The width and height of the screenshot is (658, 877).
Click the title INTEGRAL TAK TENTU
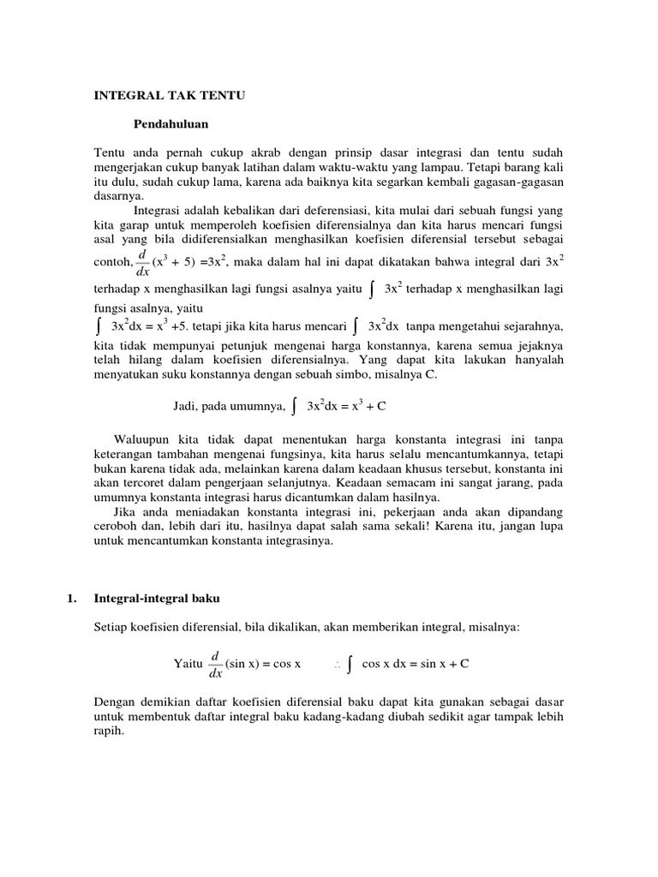(169, 96)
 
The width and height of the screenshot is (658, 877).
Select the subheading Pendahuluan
(171, 124)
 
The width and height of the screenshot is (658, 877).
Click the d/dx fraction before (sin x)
(215, 664)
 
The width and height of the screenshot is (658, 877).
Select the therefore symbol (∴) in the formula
(337, 665)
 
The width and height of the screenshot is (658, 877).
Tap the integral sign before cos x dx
(351, 665)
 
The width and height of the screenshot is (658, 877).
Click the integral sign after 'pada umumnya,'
(295, 407)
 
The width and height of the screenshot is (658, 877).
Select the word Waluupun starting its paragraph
(140, 439)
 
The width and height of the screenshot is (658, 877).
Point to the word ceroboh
(115, 526)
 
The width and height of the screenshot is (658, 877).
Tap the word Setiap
(111, 627)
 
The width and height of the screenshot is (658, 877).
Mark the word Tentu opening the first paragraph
(109, 152)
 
